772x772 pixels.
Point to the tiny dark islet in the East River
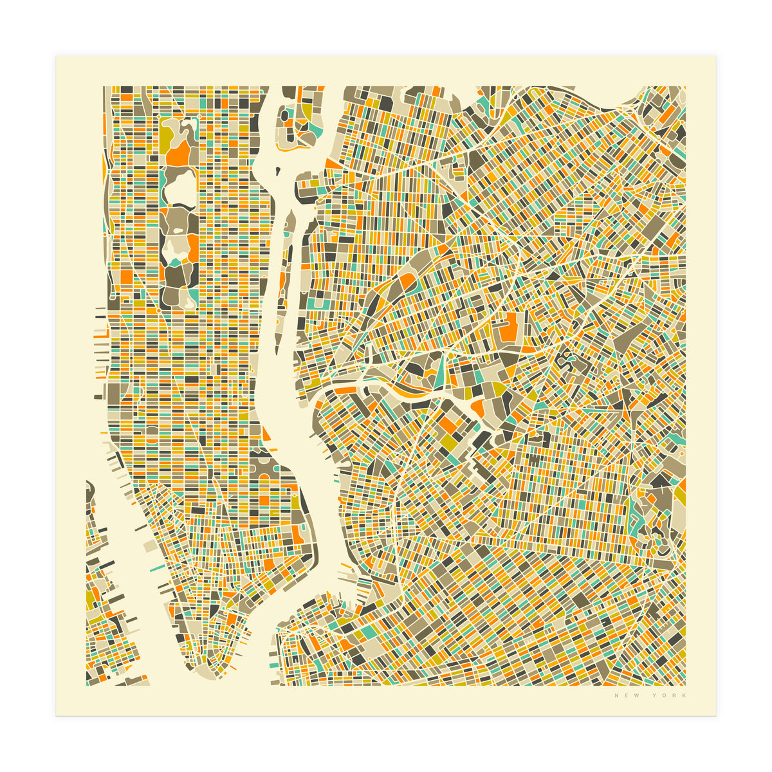(x=278, y=171)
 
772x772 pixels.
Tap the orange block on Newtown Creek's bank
(x=477, y=407)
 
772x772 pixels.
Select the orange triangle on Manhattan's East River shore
(x=266, y=434)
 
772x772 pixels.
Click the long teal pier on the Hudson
(x=158, y=569)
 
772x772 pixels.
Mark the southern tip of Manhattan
(x=205, y=672)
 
